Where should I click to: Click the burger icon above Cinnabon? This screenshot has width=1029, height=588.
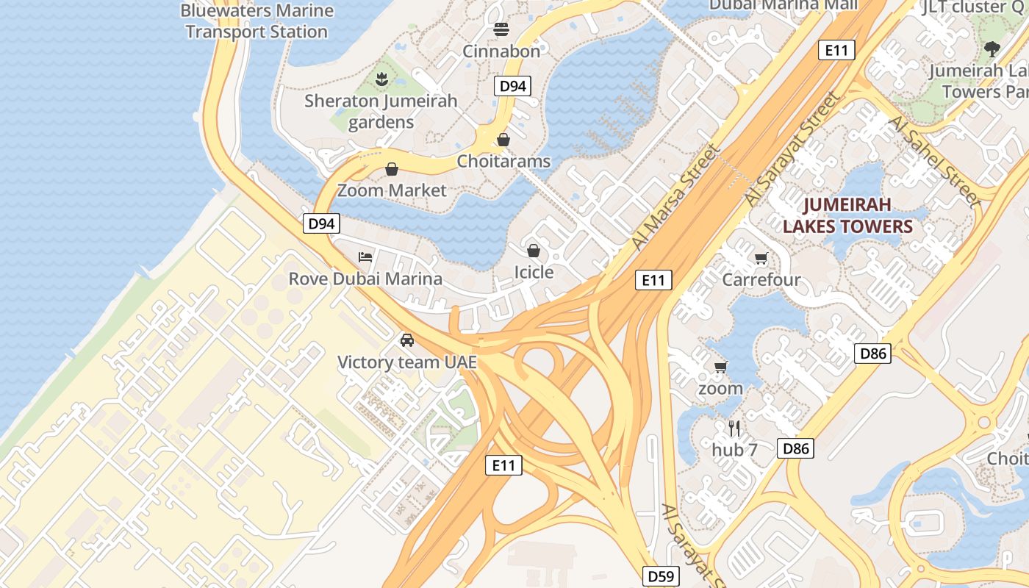(x=502, y=30)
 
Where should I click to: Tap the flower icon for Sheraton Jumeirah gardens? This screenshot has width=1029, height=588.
(x=381, y=79)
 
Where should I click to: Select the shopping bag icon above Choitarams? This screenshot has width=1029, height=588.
(x=503, y=140)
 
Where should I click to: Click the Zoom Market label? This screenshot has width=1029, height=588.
(x=392, y=190)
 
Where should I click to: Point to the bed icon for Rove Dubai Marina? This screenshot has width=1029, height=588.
(x=365, y=257)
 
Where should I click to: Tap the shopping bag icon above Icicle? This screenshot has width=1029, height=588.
(x=534, y=251)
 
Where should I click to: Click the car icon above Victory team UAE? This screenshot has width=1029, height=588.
(x=406, y=340)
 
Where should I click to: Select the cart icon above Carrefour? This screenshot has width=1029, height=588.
(x=761, y=259)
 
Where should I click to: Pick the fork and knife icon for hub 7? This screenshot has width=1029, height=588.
(x=734, y=429)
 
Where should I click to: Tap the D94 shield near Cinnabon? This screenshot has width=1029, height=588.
(x=512, y=87)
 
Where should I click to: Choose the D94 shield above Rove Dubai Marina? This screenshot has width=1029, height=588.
(x=321, y=223)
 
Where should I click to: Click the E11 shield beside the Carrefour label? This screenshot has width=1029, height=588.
(x=653, y=280)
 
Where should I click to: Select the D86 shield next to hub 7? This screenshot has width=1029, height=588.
(x=796, y=448)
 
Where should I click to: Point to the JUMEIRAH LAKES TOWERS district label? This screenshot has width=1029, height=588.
(x=847, y=215)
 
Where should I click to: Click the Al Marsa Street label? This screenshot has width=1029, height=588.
(x=676, y=196)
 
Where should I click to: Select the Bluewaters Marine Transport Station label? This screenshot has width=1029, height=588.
(x=257, y=21)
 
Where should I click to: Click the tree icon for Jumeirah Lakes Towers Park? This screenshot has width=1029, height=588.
(x=992, y=49)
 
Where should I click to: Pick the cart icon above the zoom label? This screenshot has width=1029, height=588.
(x=720, y=367)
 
